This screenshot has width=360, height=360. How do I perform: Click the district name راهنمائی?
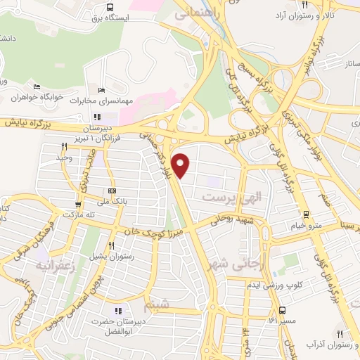[194, 13]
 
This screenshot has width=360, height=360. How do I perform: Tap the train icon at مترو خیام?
[307, 214]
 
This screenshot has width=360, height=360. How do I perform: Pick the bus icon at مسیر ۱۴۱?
[282, 310]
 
